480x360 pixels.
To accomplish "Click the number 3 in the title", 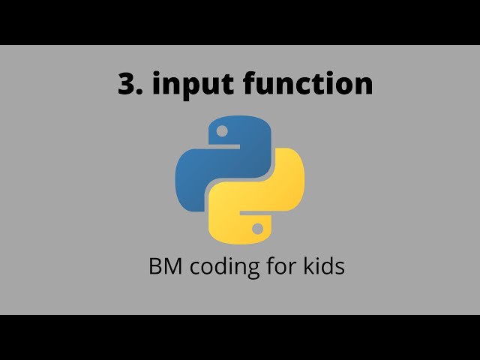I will tap(126, 84).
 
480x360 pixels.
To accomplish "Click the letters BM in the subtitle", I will tap(165, 266).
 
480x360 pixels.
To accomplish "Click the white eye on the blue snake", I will tap(221, 131).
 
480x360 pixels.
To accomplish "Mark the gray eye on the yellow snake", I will tap(257, 228).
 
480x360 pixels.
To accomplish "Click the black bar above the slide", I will tap(240, 22).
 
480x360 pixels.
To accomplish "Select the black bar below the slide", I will tap(240, 337).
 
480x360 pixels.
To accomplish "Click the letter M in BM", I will tap(172, 266).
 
